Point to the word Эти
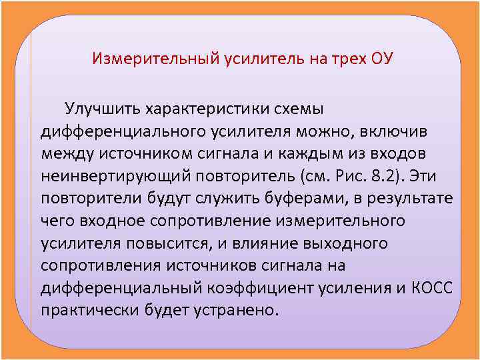point(433,175)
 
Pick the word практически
point(87,311)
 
